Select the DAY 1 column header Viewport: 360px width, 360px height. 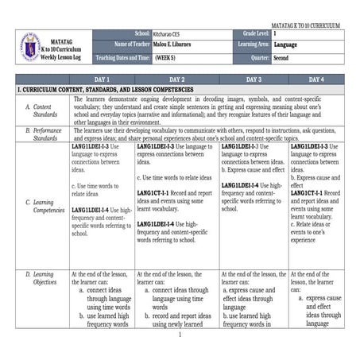102,80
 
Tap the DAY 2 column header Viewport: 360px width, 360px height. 176,80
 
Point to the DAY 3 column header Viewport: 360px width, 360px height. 254,80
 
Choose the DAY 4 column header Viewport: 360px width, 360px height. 315,80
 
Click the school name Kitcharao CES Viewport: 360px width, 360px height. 171,35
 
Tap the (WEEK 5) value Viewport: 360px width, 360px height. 166,58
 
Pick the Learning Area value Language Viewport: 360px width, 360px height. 285,46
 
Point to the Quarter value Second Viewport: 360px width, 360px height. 281,58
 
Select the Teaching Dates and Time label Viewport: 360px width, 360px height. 123,58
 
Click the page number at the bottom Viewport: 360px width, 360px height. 180,335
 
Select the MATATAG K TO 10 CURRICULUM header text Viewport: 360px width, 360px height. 305,25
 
